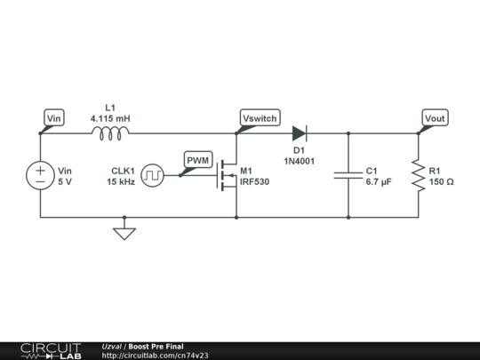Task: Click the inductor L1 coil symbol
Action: coord(110,134)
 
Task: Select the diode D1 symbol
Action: coord(299,134)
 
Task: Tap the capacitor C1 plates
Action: coord(348,175)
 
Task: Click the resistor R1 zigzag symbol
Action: coord(418,175)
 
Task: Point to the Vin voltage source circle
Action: coord(41,175)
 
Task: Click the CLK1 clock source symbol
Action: coord(154,175)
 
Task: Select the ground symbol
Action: coord(124,233)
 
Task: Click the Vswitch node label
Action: coord(259,118)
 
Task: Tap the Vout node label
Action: coord(435,118)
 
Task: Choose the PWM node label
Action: coord(197,160)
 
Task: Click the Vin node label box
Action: coord(54,118)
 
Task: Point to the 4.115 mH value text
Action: coord(110,117)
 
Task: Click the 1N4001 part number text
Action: coord(299,161)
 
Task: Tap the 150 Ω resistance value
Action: coord(441,181)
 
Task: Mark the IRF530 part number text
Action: coord(254,181)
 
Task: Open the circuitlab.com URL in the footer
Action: coord(156,356)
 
